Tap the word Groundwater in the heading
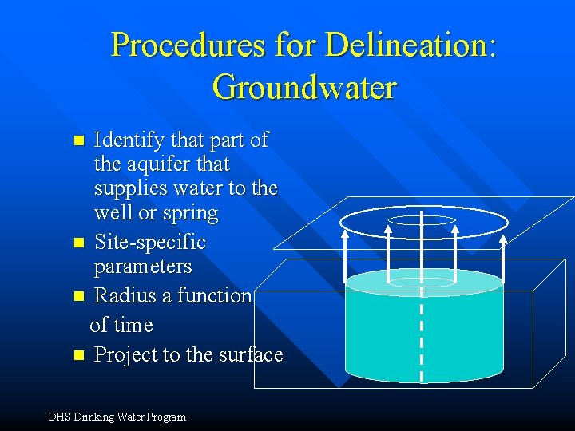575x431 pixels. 304,87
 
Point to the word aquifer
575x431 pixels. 159,165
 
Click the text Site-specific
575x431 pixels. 149,242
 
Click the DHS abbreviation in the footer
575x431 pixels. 60,417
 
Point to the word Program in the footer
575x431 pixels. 165,417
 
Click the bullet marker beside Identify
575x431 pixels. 78,141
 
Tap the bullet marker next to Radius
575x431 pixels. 78,296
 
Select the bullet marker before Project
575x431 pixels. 78,355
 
